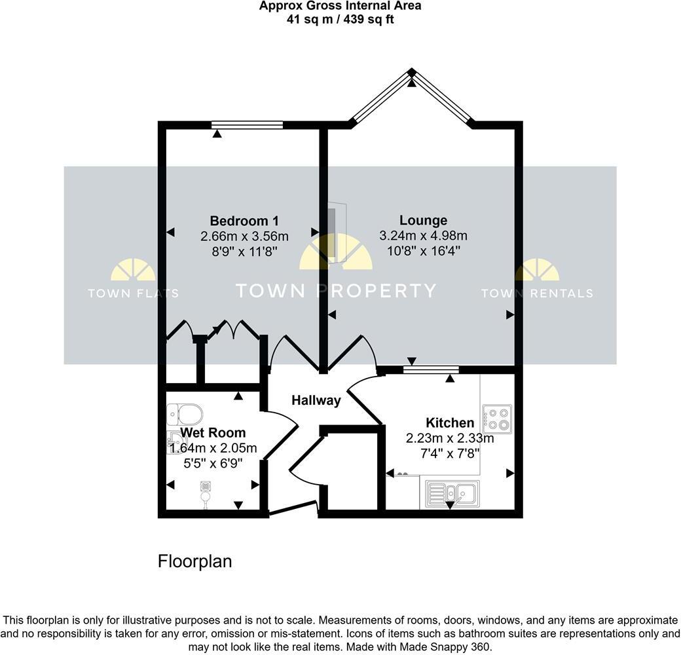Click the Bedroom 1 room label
(x=248, y=221)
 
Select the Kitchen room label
(x=450, y=422)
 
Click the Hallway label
(x=316, y=400)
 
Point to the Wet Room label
(x=213, y=432)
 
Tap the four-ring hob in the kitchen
(x=497, y=419)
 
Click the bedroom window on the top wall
(x=247, y=124)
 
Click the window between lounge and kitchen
(x=430, y=370)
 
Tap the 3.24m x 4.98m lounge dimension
(x=424, y=236)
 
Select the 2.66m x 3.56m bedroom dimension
(x=245, y=236)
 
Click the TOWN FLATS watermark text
(x=133, y=293)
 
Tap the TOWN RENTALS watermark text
(x=537, y=293)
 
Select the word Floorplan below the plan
(x=195, y=561)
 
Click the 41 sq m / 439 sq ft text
(x=340, y=19)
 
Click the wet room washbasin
(x=175, y=443)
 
